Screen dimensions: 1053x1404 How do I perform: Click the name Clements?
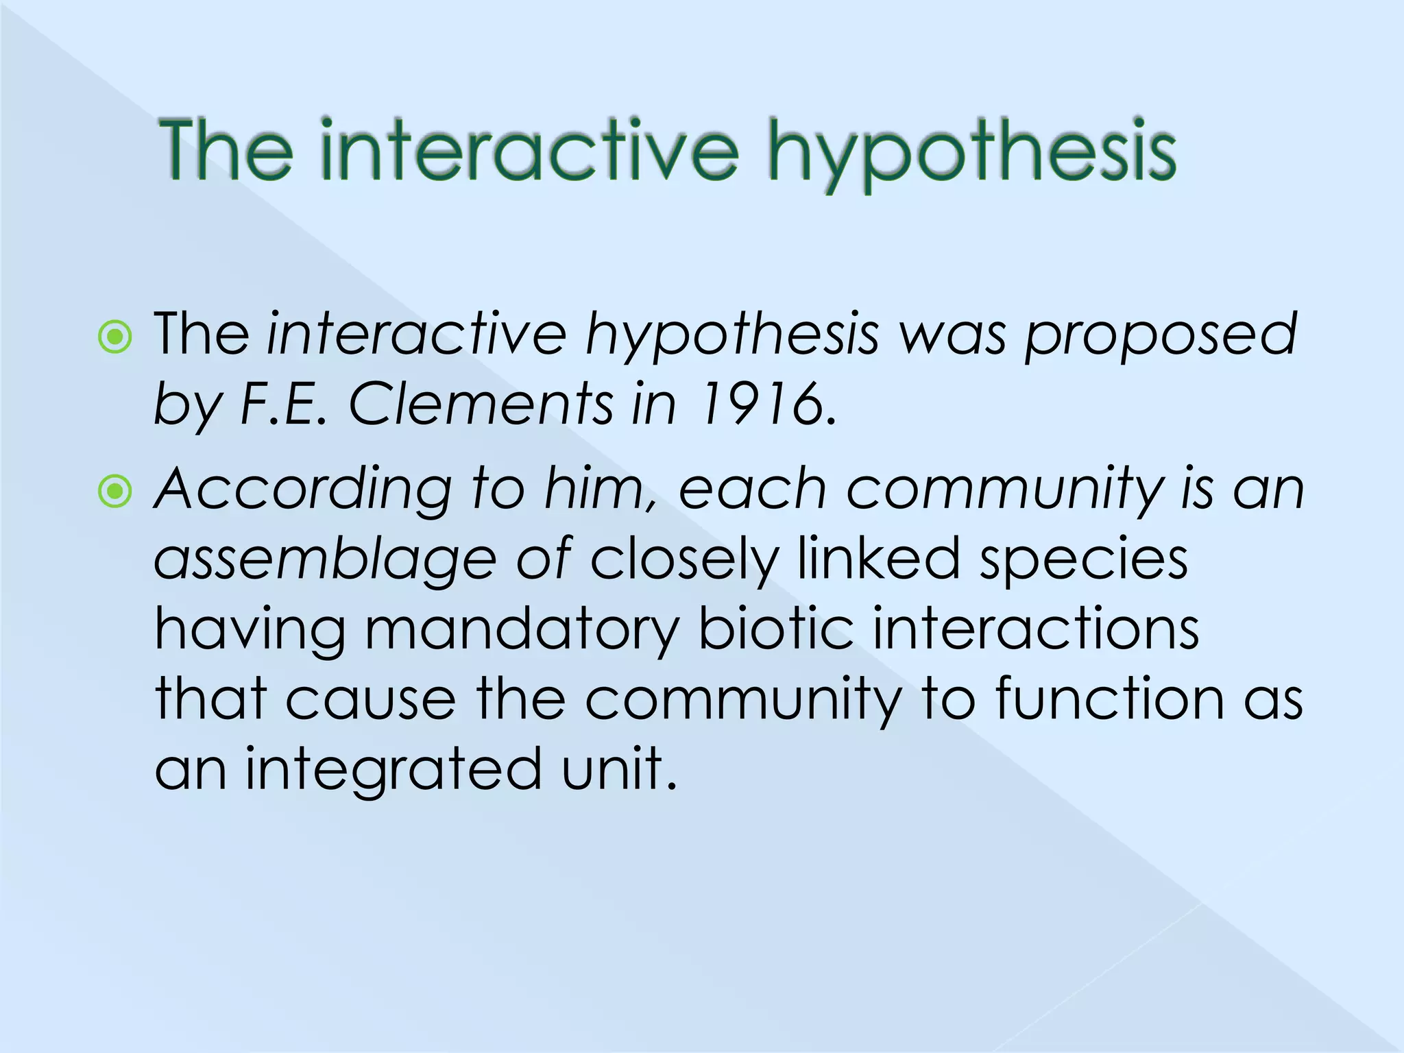481,404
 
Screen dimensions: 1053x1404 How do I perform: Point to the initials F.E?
282,404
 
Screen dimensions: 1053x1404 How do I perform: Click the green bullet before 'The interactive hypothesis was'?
115,337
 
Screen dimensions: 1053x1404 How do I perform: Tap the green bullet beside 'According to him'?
115,491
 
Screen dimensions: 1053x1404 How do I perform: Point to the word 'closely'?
684,559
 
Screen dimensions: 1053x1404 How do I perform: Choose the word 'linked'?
878,558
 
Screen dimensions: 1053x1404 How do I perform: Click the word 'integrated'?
394,769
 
